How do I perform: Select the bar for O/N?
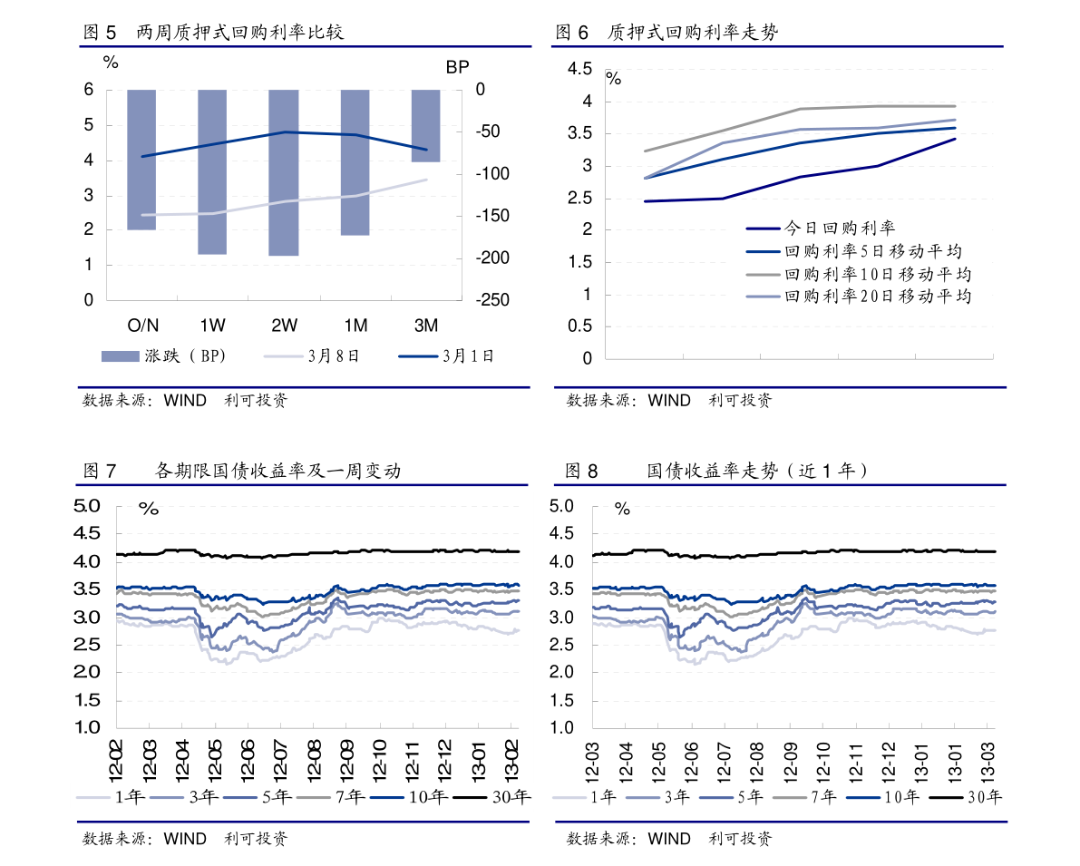pyautogui.click(x=141, y=160)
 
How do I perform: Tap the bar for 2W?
pyautogui.click(x=284, y=172)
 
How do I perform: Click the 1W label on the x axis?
pyautogui.click(x=212, y=326)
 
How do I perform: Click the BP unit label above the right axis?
pyautogui.click(x=458, y=67)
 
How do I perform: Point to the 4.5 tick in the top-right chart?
pyautogui.click(x=579, y=70)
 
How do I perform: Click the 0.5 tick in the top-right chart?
pyautogui.click(x=579, y=326)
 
